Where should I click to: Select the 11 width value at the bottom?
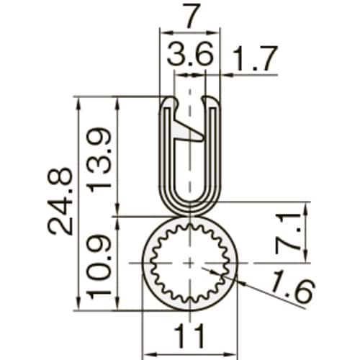[189, 335]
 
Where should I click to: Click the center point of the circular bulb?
[189, 263]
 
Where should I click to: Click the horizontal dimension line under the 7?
[189, 33]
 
